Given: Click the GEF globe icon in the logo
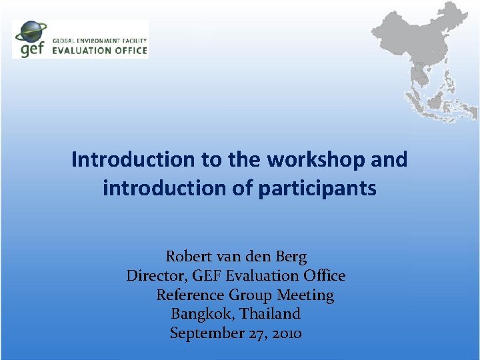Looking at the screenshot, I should pyautogui.click(x=31, y=32).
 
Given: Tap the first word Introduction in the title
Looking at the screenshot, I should pyautogui.click(x=132, y=160).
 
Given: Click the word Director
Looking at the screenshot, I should pyautogui.click(x=154, y=275).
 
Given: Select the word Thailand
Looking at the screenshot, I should pyautogui.click(x=270, y=313).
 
